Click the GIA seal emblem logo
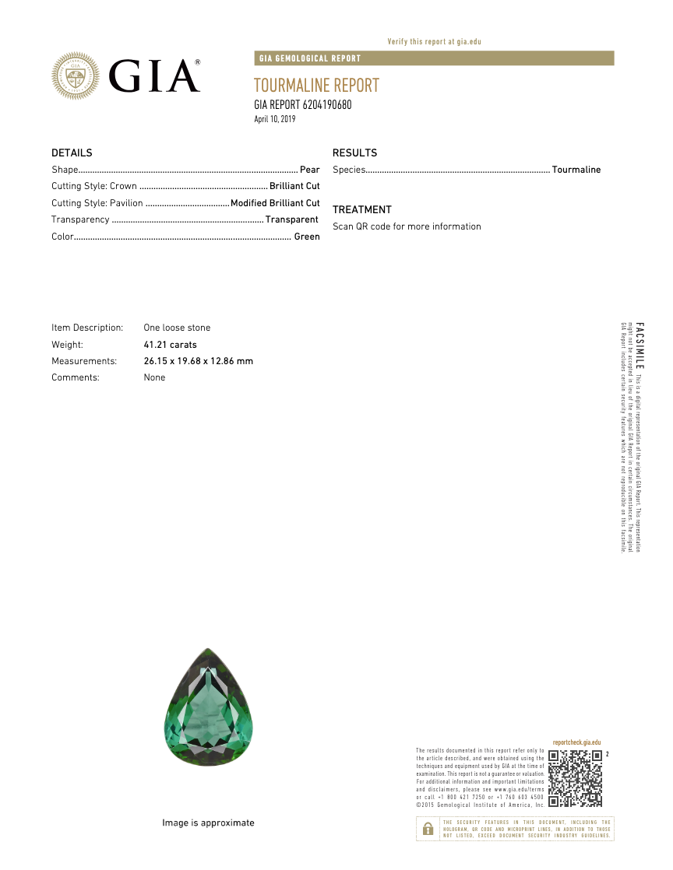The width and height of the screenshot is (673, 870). point(76,75)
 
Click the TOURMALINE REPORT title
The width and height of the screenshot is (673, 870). point(316,86)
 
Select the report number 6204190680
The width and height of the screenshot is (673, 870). point(326,105)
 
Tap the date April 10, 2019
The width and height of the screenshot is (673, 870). point(275,119)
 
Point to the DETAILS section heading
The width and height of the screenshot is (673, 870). point(72,153)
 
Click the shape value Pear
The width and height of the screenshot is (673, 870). point(310,170)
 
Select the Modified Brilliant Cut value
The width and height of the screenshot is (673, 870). point(275,203)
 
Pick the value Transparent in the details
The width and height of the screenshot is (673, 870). point(291,219)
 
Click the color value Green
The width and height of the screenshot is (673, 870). point(307,237)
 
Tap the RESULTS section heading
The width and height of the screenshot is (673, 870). point(354,153)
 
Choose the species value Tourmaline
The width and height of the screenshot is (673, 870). point(576,170)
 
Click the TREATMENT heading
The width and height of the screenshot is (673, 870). point(362,210)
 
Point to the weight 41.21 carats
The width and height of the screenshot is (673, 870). point(171,345)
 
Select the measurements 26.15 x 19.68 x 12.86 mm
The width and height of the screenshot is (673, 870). point(199,361)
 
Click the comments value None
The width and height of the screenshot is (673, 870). point(155,377)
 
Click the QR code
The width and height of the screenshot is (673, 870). point(575,778)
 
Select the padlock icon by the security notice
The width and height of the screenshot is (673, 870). point(428,830)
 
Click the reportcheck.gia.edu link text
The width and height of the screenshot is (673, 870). point(576,743)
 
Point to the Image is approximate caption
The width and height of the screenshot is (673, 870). point(208,823)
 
